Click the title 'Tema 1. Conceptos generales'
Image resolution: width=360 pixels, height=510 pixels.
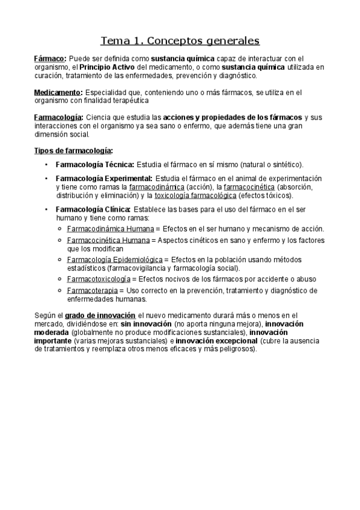180,41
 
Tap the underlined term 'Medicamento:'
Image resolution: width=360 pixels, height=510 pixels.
58,93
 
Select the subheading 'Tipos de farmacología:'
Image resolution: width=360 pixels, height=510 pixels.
73,150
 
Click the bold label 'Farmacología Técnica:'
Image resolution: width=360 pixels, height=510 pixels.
95,164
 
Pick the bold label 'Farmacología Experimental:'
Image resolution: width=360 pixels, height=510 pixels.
104,179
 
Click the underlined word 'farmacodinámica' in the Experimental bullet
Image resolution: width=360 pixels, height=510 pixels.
157,187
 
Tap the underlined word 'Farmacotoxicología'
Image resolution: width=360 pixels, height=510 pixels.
98,279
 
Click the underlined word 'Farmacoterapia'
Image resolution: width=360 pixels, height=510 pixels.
92,290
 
